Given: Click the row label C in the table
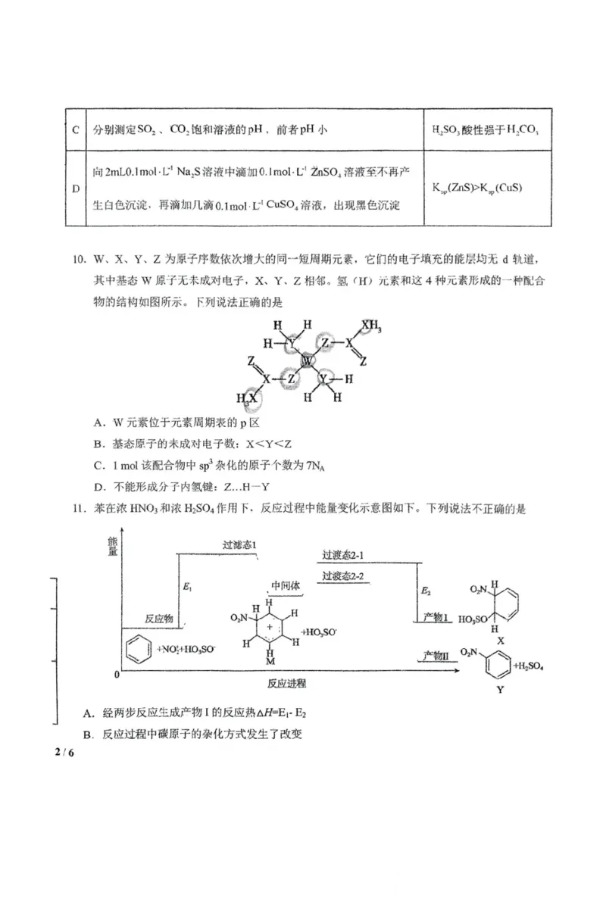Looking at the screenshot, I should [75, 129].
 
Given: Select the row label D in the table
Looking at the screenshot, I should [75, 188].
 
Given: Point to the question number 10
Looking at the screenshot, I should [80, 259].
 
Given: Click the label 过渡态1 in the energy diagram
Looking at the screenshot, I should [239, 545].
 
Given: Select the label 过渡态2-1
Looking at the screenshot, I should [344, 556].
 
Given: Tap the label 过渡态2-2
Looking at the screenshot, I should [344, 576].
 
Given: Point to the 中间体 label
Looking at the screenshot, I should [286, 588].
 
